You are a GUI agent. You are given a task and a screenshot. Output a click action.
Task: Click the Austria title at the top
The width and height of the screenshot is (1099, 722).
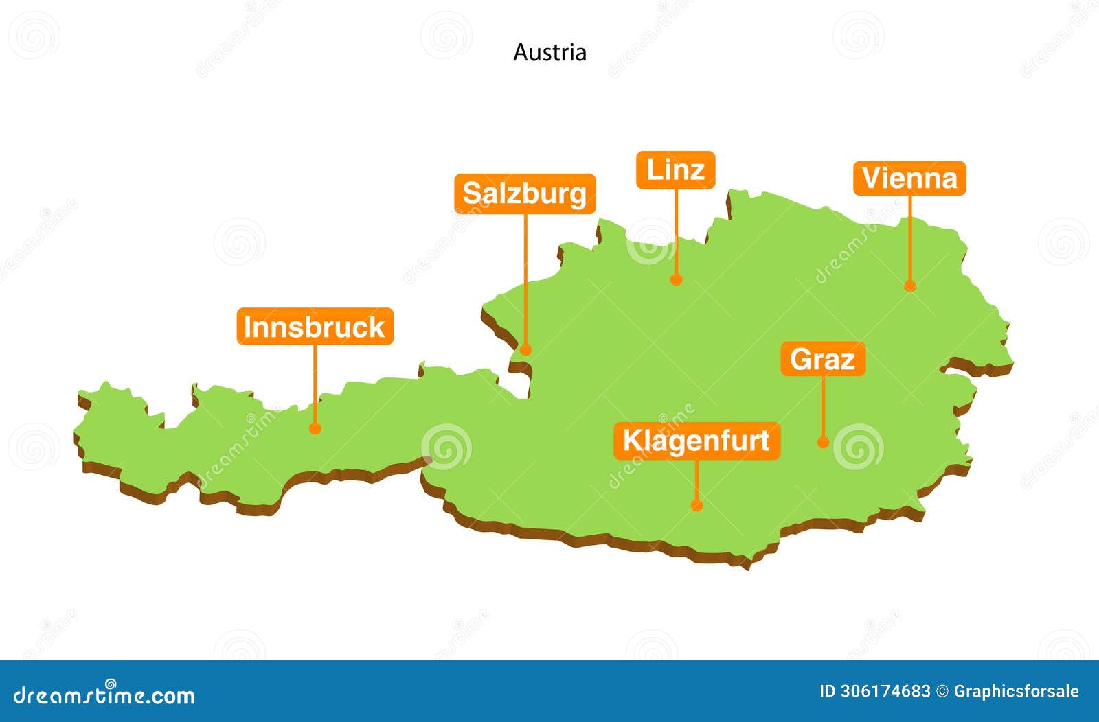(549, 53)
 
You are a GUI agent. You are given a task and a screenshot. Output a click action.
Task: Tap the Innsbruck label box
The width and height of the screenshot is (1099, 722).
(315, 327)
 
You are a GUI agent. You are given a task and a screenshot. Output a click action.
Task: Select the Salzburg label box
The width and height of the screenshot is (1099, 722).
(525, 194)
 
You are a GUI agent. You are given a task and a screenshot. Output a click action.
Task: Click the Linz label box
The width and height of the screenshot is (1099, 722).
(676, 170)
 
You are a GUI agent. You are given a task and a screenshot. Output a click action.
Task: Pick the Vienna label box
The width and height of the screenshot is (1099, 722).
(909, 178)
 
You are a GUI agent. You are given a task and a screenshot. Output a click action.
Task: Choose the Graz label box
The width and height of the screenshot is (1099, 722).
(823, 359)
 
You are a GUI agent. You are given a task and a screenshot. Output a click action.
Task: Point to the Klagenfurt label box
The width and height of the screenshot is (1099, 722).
(696, 441)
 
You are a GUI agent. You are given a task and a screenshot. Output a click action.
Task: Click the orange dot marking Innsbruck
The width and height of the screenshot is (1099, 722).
(315, 428)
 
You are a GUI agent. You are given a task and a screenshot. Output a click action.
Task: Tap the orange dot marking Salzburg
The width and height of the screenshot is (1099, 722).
(525, 349)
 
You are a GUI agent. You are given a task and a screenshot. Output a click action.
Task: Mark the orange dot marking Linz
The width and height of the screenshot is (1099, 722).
(676, 279)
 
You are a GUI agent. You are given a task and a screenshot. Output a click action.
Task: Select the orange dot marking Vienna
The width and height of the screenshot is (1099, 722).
(910, 286)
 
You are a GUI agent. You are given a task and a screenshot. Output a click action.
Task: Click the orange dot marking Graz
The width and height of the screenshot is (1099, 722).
(823, 443)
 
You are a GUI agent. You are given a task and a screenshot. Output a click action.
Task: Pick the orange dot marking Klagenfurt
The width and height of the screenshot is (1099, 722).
(696, 505)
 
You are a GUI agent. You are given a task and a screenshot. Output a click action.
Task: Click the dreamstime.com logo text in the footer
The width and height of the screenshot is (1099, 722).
(104, 695)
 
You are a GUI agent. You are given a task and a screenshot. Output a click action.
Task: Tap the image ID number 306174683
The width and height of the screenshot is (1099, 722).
(886, 691)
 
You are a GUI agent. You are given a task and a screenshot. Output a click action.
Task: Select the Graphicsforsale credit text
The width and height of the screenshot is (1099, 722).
(1016, 691)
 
